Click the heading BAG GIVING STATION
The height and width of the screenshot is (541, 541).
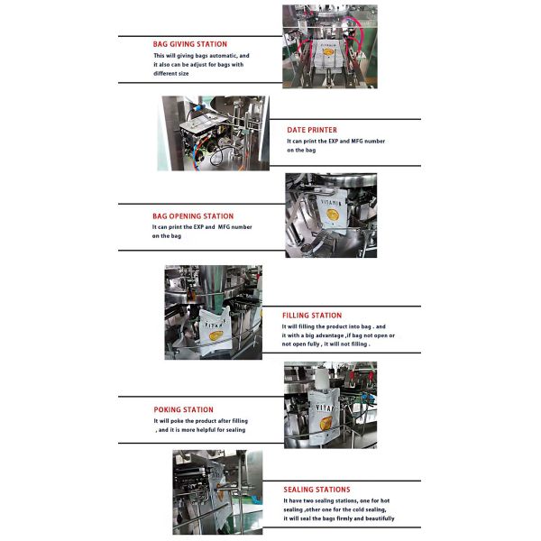click(190, 44)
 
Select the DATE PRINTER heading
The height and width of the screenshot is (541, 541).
click(312, 130)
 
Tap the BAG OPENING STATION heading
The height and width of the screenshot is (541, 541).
click(193, 216)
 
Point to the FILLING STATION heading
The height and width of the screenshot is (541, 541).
click(312, 316)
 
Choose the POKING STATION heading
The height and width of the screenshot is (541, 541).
click(184, 409)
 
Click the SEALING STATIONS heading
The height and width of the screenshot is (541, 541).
click(316, 489)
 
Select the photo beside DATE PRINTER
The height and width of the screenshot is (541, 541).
click(212, 133)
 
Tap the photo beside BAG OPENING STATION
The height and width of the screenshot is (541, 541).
click(331, 215)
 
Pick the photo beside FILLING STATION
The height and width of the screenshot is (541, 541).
click(213, 313)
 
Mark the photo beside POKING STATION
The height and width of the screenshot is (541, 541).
click(330, 405)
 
